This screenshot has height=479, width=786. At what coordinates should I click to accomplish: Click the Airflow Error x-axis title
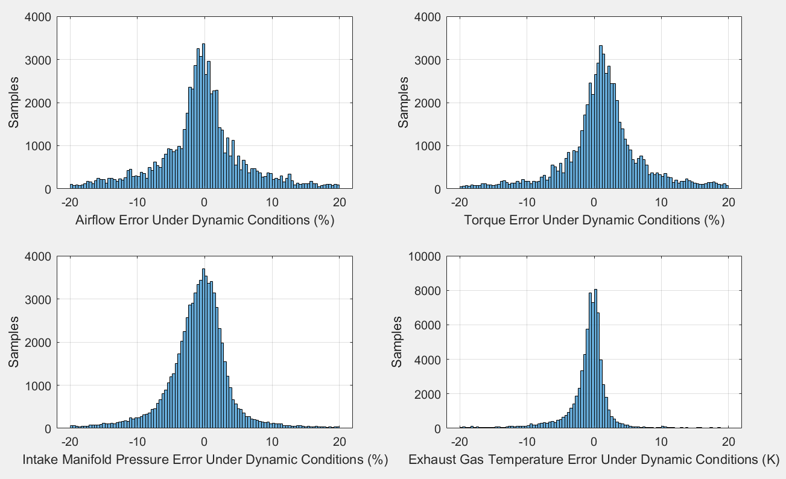tap(204, 221)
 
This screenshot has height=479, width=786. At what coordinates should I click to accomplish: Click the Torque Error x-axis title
tap(594, 221)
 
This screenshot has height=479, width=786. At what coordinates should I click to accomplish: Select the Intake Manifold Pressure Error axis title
tap(204, 460)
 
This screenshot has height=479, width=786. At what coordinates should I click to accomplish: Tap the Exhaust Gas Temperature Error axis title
tap(594, 460)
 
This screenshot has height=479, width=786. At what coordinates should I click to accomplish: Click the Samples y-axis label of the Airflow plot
tap(13, 102)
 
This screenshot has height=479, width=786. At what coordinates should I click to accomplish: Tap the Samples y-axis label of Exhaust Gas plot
tap(396, 341)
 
